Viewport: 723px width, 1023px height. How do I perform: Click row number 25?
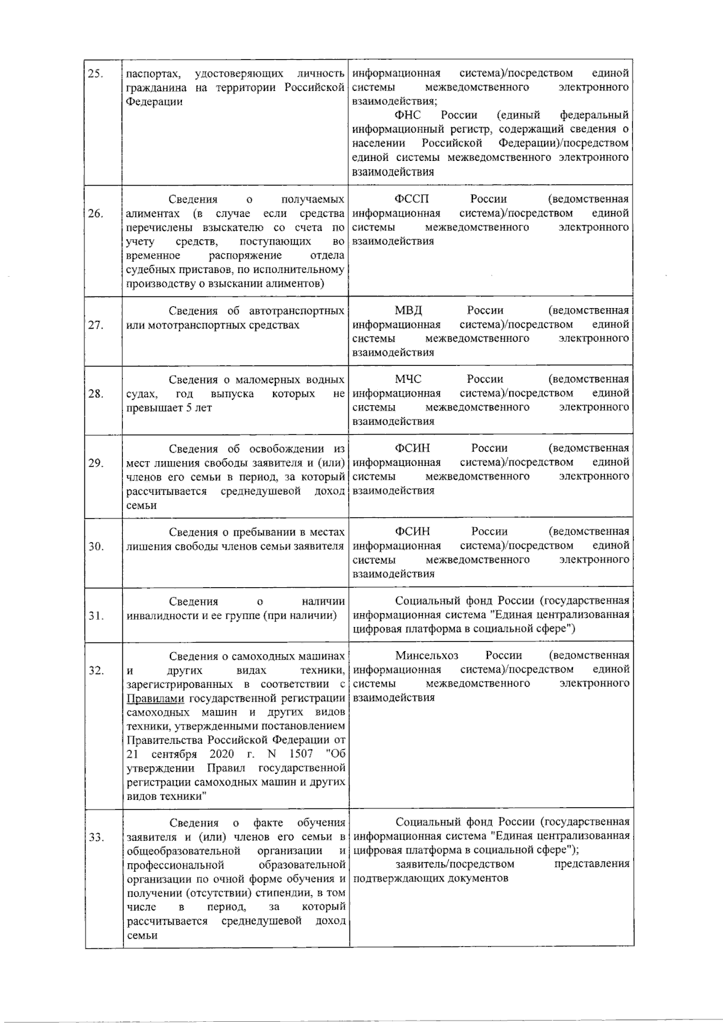(x=95, y=74)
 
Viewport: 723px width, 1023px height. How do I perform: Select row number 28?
(x=95, y=394)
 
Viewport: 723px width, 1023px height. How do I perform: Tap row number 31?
(x=95, y=615)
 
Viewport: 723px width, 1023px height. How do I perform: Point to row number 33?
(x=95, y=837)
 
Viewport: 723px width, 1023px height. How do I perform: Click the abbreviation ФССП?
(x=412, y=199)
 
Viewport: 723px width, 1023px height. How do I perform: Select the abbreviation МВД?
(x=408, y=310)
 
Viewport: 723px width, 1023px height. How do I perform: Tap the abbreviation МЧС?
(x=408, y=379)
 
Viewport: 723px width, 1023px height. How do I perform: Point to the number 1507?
(x=301, y=754)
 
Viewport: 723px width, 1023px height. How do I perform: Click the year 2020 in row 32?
(x=222, y=754)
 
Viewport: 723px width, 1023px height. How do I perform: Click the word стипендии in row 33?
(x=271, y=893)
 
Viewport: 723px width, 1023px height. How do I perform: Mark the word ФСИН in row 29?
(x=412, y=448)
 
